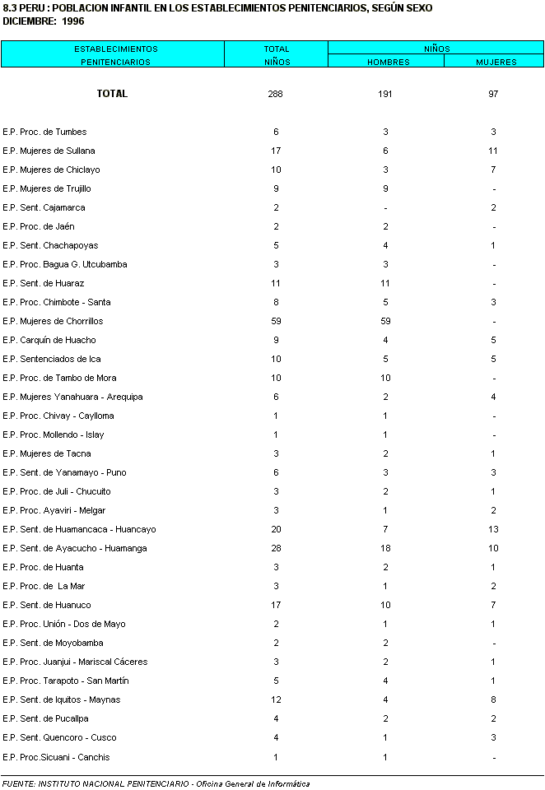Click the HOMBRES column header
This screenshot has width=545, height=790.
point(385,62)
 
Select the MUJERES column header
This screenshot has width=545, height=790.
point(496,62)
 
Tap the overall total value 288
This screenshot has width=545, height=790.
point(276,94)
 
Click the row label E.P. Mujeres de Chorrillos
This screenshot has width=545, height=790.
point(53,321)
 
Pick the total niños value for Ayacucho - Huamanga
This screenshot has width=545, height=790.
point(276,548)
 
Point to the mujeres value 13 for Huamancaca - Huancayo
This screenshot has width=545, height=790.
point(493,529)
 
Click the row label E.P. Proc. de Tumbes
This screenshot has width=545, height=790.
point(44,132)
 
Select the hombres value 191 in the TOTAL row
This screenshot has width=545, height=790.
point(385,94)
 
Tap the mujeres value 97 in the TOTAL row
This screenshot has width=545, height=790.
point(493,94)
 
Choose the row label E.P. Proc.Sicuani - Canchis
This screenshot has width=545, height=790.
point(56,757)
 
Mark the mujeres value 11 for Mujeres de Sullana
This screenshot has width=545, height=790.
point(493,151)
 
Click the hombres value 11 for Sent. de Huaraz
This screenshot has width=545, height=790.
point(385,283)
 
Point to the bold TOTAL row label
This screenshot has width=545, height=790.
point(112,94)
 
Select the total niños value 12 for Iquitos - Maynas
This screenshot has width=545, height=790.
point(276,699)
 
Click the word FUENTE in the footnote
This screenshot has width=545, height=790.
point(17,783)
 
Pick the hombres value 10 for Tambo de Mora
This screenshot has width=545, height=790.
point(385,378)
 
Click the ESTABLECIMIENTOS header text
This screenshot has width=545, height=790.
point(112,49)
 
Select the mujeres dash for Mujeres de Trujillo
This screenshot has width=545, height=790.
point(493,189)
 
